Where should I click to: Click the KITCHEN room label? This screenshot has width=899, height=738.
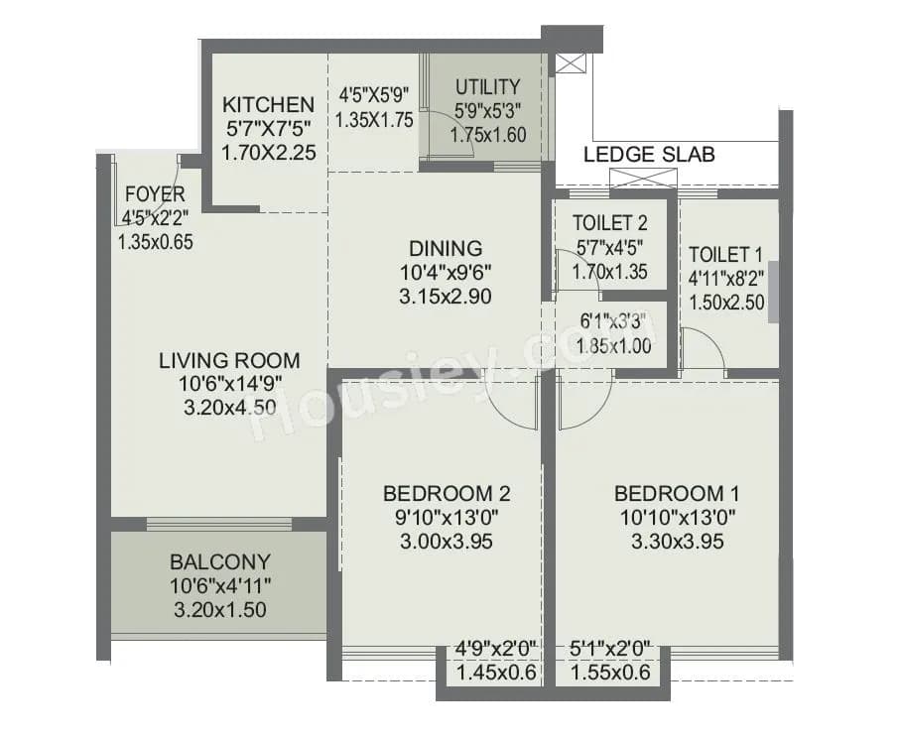268,104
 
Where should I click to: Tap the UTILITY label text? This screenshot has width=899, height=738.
487,86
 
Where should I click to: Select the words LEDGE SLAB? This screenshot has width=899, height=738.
649,155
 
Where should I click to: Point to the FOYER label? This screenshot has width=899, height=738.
155,193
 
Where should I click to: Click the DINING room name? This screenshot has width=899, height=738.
446,248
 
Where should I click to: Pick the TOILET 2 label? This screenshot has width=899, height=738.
610,223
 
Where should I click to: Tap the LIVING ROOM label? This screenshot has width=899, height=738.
229,361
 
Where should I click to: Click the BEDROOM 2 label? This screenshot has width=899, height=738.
447,493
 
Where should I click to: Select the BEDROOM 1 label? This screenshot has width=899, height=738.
677,493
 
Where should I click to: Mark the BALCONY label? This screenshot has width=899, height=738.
219,562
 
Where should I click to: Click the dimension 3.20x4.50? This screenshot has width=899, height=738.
229,407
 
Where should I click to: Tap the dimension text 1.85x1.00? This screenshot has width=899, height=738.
614,345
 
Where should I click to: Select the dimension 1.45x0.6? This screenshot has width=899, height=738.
495,674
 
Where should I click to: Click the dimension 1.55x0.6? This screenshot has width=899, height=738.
611,674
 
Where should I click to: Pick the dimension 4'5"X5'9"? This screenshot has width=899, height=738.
374,96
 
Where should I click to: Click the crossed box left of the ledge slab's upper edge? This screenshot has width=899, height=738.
571,63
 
